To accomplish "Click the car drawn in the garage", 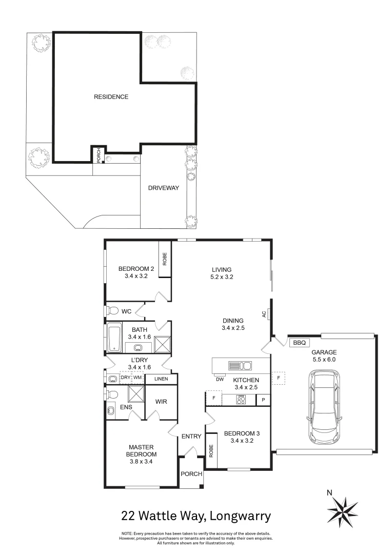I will click(323, 409).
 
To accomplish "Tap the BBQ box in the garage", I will click(297, 343).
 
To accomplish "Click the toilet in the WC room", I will click(112, 310).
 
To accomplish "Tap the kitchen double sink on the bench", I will click(240, 366).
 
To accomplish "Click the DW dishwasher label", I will click(220, 380).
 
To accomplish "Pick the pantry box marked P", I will click(263, 400).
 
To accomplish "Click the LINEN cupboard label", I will click(161, 379).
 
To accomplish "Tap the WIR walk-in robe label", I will click(161, 402).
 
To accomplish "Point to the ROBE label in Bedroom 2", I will click(165, 260).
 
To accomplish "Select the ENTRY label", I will click(191, 437).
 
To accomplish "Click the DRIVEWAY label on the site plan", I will click(164, 188).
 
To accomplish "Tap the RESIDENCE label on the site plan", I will click(111, 96).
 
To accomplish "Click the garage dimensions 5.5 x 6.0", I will click(323, 360).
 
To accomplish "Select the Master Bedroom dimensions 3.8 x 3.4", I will click(142, 461).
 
